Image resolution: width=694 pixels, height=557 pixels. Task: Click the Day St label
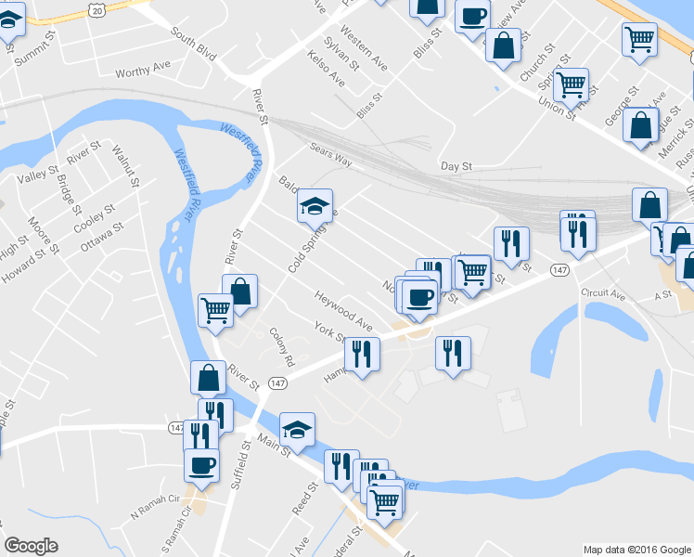pyautogui.click(x=456, y=166)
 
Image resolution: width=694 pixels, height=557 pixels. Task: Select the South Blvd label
pyautogui.click(x=193, y=43)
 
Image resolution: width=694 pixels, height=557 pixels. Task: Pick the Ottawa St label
pyautogui.click(x=100, y=234)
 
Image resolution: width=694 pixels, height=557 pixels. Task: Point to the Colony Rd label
pyautogui.click(x=281, y=346)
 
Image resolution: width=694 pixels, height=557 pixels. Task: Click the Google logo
pyautogui.click(x=32, y=546)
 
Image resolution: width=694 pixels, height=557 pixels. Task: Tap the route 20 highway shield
pyautogui.click(x=96, y=7)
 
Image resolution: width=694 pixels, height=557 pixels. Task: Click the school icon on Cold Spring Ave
pyautogui.click(x=315, y=205)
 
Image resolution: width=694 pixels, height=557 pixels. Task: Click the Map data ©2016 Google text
pyautogui.click(x=636, y=549)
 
